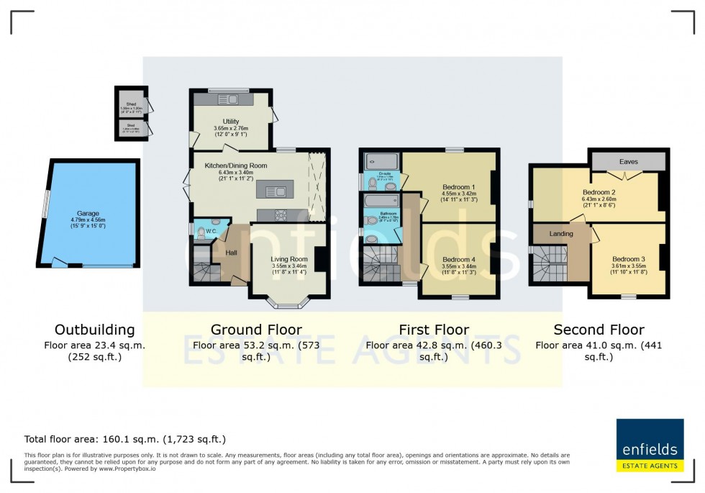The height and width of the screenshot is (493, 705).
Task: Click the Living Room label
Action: (289, 259)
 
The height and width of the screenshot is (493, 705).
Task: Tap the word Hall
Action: (231, 253)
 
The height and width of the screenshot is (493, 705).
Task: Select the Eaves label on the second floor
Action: (628, 161)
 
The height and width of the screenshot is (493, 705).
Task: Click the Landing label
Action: (560, 233)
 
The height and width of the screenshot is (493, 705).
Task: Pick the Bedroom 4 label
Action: (459, 260)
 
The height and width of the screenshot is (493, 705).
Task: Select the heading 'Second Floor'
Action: (599, 330)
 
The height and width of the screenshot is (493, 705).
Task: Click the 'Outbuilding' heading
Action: (94, 330)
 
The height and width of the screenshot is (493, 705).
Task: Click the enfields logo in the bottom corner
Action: (649, 445)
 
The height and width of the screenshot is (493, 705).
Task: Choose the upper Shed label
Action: (132, 104)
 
